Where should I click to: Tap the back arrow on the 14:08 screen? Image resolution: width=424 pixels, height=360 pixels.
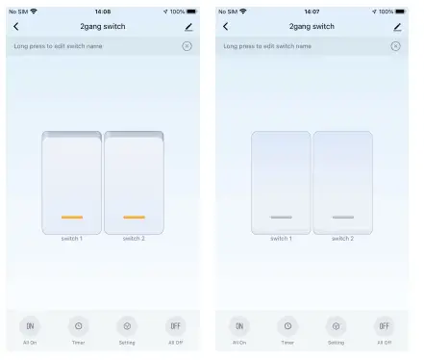(x=15, y=26)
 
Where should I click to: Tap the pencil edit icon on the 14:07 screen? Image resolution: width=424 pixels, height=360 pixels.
(x=396, y=26)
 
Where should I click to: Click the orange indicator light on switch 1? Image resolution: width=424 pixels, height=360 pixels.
(x=71, y=217)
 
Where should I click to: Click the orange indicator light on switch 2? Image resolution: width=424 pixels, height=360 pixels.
(x=134, y=217)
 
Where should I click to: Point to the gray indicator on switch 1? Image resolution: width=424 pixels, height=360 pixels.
(x=281, y=218)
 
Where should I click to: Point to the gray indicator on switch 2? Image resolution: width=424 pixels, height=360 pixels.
(x=343, y=218)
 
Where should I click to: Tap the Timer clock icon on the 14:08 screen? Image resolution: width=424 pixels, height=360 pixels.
(x=78, y=325)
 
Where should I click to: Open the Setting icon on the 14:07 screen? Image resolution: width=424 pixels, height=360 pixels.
(x=336, y=325)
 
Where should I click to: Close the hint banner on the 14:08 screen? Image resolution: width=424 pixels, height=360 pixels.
(x=187, y=45)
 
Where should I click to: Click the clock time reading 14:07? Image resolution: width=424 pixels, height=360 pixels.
(x=312, y=11)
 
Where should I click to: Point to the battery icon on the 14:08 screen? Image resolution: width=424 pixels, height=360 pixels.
(x=191, y=11)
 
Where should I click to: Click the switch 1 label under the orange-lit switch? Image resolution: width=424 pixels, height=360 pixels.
(x=71, y=238)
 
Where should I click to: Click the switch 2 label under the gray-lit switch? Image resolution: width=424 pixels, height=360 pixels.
(x=343, y=238)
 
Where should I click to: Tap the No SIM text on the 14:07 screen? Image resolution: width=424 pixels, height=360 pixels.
(x=228, y=11)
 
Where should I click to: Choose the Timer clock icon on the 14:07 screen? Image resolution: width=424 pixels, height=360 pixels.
(x=287, y=325)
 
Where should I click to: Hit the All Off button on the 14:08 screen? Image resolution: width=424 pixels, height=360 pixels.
(x=175, y=325)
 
